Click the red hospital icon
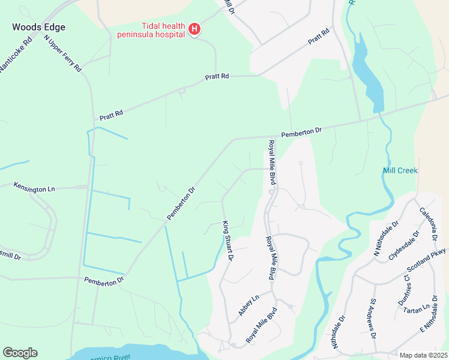tap(194, 28)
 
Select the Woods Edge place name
tap(38, 27)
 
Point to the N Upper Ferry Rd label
tap(62, 53)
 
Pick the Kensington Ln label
tap(34, 188)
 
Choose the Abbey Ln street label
tap(248, 305)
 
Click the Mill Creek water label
tap(400, 170)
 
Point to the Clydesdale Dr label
tap(403, 245)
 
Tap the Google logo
tap(20, 353)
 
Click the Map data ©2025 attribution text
tap(424, 355)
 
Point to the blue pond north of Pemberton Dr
tap(366, 72)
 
